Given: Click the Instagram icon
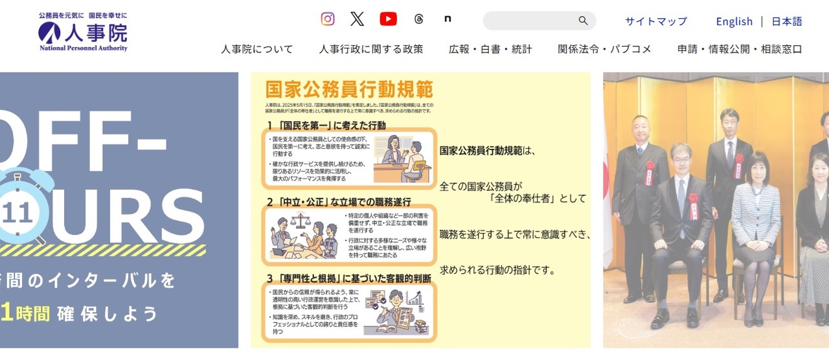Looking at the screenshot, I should (x=328, y=19).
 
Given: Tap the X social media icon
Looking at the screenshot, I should (x=357, y=19).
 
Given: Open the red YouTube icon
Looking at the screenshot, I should (x=388, y=19).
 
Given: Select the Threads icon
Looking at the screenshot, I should (x=418, y=19).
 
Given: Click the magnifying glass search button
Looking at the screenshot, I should (x=583, y=21).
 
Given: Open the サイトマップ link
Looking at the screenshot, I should (x=655, y=21).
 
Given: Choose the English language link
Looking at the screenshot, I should (x=734, y=21).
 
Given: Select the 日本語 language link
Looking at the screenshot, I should (x=786, y=21).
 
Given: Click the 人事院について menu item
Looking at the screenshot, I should (x=256, y=49).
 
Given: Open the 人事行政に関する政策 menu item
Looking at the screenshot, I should (x=370, y=49).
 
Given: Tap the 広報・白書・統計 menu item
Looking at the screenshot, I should (x=490, y=49).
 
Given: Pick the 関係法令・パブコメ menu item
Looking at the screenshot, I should (x=604, y=49).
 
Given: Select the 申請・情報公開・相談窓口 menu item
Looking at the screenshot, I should (x=739, y=49).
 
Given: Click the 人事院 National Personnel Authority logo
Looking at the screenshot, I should (x=83, y=33).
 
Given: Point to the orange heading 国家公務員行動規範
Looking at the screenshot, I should (x=349, y=89).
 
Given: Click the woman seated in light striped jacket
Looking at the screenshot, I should (x=756, y=233).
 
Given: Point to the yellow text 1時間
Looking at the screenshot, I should (x=25, y=313).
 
